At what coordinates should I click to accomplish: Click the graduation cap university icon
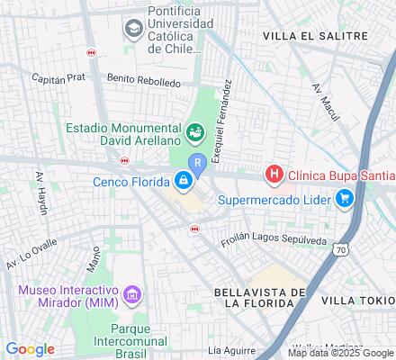pyautogui.click(x=134, y=30)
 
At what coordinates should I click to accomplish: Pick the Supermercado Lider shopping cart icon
pyautogui.click(x=345, y=200)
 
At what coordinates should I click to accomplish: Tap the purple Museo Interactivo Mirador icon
pyautogui.click(x=133, y=294)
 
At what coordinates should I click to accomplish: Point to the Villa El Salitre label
pyautogui.click(x=315, y=35)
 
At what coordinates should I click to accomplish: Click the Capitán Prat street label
pyautogui.click(x=58, y=77)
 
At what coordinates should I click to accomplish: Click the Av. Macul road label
pyautogui.click(x=324, y=100)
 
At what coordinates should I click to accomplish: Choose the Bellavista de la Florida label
pyautogui.click(x=260, y=299)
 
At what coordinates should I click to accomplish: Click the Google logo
pyautogui.click(x=30, y=349)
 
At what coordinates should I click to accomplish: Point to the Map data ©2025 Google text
pyautogui.click(x=340, y=353)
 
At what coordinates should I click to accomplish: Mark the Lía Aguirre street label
pyautogui.click(x=226, y=349)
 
